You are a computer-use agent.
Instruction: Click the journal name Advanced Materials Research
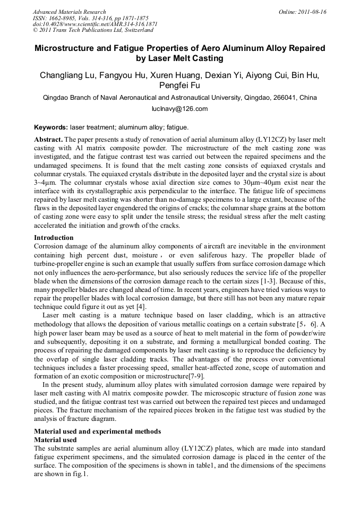(x=69, y=12)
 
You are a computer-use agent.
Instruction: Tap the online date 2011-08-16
(x=311, y=12)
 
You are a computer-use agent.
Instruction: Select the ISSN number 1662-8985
(x=68, y=18)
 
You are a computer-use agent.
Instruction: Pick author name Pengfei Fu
(x=179, y=85)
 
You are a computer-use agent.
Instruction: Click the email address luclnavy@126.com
(x=179, y=109)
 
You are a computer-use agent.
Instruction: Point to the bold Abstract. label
(x=48, y=139)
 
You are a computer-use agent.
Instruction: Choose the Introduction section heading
(x=54, y=237)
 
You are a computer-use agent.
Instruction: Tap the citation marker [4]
(x=142, y=307)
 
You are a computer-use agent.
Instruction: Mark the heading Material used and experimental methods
(x=97, y=431)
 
